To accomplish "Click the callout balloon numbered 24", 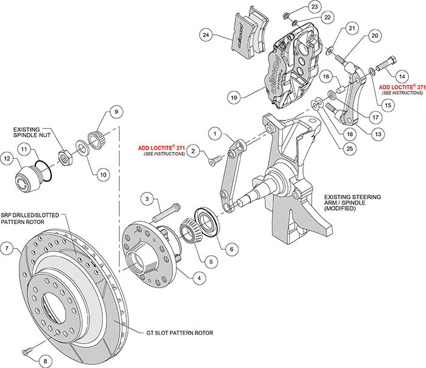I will click(206, 35).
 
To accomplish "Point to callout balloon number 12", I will click(7, 159).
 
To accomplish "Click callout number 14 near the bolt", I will click(401, 76).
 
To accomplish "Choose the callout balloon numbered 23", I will click(313, 7).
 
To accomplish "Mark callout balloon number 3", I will click(147, 198).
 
